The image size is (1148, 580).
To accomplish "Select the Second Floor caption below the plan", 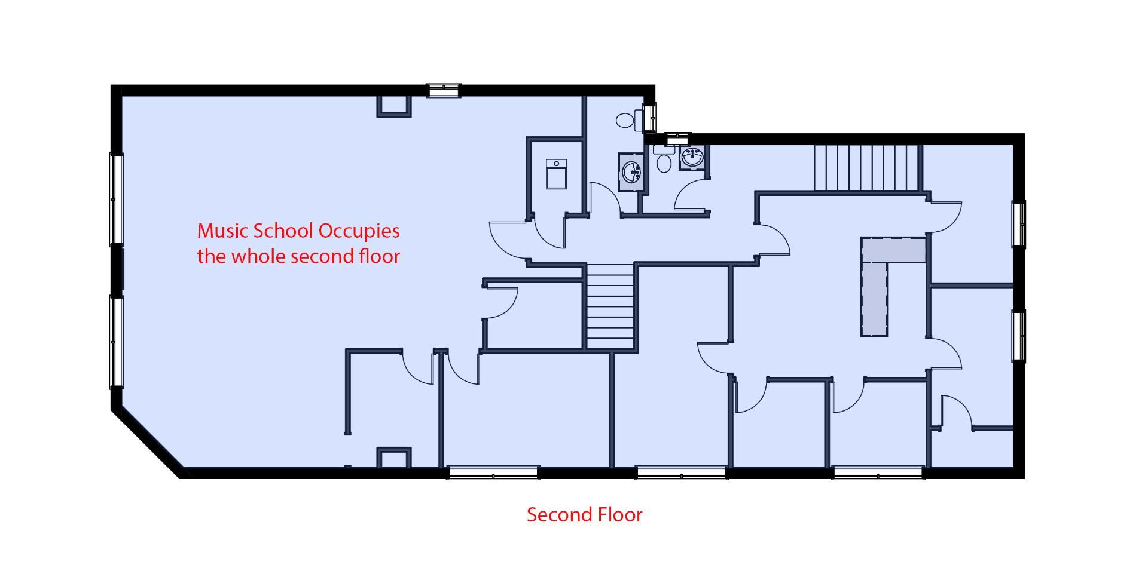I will (x=584, y=514).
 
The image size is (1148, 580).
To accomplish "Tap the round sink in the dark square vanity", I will (x=632, y=171).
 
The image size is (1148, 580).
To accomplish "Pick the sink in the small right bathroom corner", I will (x=693, y=158).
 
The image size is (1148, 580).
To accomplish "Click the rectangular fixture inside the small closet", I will (x=556, y=174).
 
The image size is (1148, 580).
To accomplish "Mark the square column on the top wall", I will (x=394, y=106).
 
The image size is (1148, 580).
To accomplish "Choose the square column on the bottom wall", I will (x=394, y=458).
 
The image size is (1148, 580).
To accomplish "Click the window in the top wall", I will (x=444, y=91).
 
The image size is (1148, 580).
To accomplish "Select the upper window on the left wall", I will (x=116, y=199).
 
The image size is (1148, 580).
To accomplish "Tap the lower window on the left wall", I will (x=116, y=342).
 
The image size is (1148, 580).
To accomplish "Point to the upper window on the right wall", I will (x=1018, y=224).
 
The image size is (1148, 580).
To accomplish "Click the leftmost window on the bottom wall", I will (x=493, y=473).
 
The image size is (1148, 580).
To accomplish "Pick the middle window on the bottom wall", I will (x=681, y=473).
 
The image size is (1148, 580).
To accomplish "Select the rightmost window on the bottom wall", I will (x=878, y=473).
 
